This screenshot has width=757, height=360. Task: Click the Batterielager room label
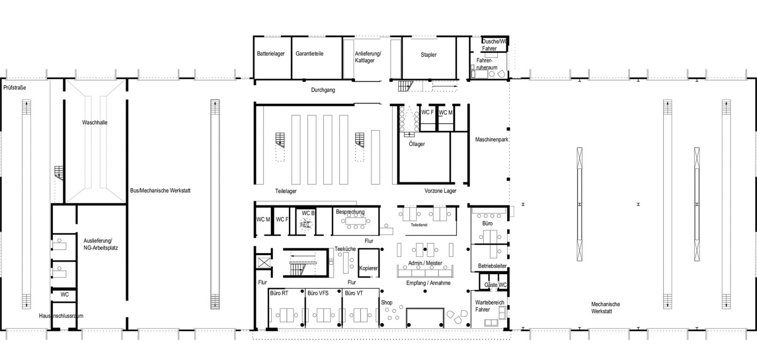(x=270, y=54)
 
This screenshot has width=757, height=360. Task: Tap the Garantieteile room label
(x=309, y=54)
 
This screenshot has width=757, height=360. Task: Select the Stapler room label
(x=429, y=55)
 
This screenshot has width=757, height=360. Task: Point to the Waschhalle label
(x=95, y=123)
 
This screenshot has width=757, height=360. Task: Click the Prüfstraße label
(x=15, y=88)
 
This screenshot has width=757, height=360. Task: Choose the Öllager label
(x=417, y=144)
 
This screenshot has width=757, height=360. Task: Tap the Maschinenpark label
(x=492, y=139)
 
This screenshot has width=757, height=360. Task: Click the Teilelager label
(x=286, y=191)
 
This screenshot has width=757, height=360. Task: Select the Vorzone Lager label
(x=440, y=191)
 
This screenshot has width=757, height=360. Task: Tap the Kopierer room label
(x=368, y=268)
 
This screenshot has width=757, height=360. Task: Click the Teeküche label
(x=345, y=249)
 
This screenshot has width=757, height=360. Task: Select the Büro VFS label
(x=318, y=293)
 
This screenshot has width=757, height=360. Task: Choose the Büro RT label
(x=279, y=293)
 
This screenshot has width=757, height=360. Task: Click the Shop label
(x=386, y=303)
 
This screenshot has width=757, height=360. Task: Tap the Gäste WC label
(x=495, y=285)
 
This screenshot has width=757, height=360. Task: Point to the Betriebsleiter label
(x=493, y=266)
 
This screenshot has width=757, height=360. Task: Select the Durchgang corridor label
(x=323, y=90)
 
